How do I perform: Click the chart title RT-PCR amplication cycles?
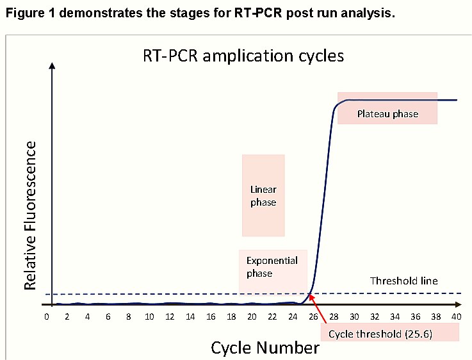pos(243,56)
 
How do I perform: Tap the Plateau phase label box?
pos(387,108)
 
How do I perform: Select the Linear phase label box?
pos(263,195)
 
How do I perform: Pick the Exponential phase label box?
pos(273,271)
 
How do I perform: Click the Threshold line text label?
pos(404,281)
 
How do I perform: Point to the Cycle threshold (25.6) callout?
pos(390,332)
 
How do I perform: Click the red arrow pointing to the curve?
pos(318,309)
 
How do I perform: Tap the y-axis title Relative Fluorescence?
pos(30,215)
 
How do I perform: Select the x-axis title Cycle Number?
pos(265,348)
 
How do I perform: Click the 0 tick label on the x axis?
pos(46,316)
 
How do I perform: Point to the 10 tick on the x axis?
pos(149,316)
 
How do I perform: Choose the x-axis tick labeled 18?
pos(231,316)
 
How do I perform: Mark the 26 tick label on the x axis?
pos(313,316)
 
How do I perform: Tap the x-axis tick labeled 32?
pos(375,316)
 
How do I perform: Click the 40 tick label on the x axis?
pos(457,316)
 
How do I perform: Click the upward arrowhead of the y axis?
pos(52,65)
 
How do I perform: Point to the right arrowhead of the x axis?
pos(458,305)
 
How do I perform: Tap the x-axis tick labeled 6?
pos(108,316)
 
